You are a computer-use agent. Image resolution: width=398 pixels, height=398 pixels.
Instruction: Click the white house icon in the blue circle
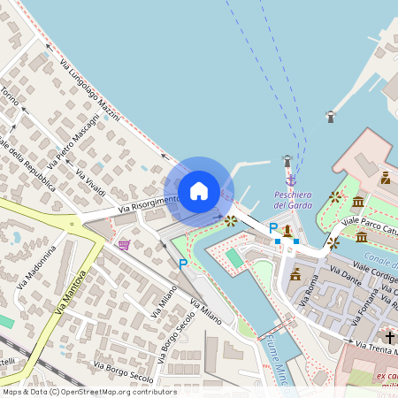pyautogui.click(x=199, y=191)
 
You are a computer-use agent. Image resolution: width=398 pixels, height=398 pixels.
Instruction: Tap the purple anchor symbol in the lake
pyautogui.click(x=291, y=180)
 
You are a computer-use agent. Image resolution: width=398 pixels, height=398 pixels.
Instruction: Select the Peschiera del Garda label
pyautogui.click(x=293, y=200)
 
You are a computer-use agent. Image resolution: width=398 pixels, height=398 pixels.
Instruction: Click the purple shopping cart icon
pyautogui.click(x=124, y=244)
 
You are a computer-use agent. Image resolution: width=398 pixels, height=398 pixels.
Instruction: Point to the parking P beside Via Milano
pyautogui.click(x=183, y=264)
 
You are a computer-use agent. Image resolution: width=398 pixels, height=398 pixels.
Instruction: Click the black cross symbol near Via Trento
pyautogui.click(x=389, y=337)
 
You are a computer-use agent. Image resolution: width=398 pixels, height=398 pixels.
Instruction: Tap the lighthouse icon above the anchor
pyautogui.click(x=287, y=161)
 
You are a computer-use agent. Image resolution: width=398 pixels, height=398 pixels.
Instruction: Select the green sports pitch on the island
pyautogui.click(x=233, y=258)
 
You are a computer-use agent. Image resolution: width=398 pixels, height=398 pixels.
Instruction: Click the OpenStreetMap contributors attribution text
pyautogui.click(x=89, y=391)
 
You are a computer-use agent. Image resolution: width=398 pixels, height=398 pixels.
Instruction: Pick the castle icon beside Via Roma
pyautogui.click(x=295, y=274)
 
